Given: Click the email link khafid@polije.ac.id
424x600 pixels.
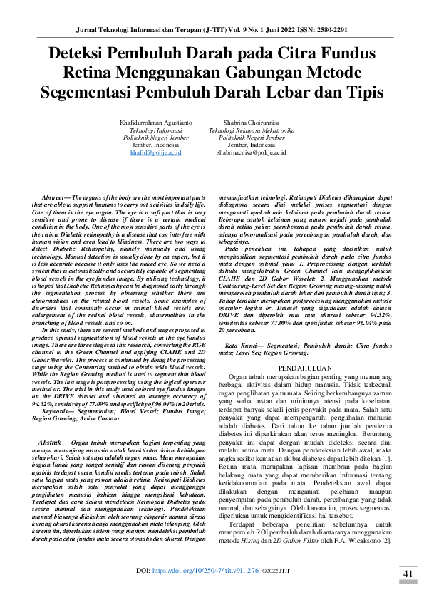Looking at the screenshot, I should coord(156,152).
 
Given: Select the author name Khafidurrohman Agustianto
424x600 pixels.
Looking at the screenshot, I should coord(156,123).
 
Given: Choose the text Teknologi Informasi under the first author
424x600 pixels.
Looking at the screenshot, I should coord(156,130).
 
